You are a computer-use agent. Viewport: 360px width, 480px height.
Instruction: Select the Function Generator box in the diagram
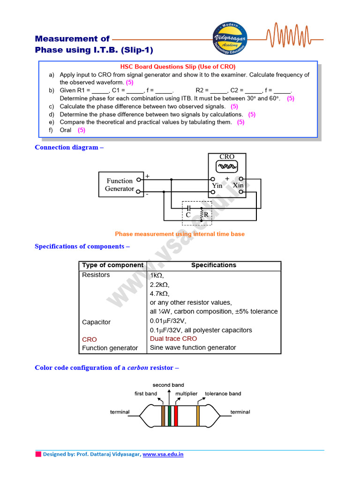click(x=120, y=185)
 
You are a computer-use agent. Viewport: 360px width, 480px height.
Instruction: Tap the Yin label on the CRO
click(x=217, y=186)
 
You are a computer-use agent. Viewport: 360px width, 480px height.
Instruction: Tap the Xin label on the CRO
click(x=238, y=186)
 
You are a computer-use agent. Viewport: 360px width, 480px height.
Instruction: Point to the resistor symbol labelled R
click(x=202, y=214)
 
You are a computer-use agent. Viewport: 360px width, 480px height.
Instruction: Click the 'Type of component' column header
click(x=112, y=265)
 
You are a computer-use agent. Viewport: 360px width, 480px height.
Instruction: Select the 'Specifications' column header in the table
click(x=213, y=265)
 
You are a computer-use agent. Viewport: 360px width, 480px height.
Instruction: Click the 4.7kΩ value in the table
click(x=159, y=293)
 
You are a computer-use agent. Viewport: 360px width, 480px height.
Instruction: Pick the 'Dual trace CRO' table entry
click(x=173, y=338)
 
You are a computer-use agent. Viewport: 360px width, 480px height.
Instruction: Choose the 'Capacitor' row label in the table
click(x=96, y=322)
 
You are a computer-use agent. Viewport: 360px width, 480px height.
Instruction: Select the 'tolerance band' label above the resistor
click(x=223, y=394)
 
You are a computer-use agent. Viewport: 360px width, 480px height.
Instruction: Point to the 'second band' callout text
click(x=168, y=385)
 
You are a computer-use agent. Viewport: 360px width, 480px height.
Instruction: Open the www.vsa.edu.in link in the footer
click(x=163, y=454)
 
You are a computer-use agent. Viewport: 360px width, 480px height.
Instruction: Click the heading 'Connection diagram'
click(x=66, y=147)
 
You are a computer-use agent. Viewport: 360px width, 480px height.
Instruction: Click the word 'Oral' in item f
click(x=65, y=130)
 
